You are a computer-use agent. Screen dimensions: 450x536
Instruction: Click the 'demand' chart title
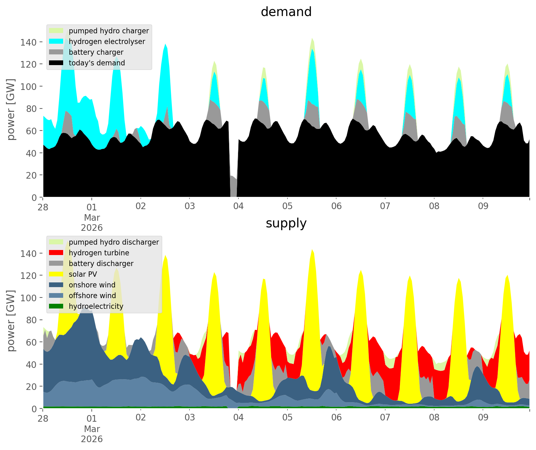(286, 12)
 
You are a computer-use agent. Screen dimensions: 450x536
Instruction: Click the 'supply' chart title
(286, 223)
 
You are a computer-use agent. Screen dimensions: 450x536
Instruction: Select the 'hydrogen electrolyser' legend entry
(107, 42)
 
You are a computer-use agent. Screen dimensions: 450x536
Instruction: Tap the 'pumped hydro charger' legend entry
(109, 31)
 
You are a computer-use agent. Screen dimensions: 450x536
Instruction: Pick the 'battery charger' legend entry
(96, 52)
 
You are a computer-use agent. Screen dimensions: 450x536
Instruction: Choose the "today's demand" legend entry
(97, 63)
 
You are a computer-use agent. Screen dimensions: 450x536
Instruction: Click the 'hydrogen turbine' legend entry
(99, 253)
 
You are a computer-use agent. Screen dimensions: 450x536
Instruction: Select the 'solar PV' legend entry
(83, 274)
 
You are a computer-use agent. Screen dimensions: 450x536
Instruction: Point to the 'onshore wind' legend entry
(92, 285)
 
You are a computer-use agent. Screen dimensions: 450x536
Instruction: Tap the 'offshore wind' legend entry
(92, 296)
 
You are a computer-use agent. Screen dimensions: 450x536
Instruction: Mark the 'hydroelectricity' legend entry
(96, 306)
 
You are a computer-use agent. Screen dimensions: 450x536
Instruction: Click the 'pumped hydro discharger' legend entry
(114, 242)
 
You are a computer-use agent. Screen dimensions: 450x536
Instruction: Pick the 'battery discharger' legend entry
(101, 264)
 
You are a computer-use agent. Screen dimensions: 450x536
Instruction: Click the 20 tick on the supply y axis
(32, 386)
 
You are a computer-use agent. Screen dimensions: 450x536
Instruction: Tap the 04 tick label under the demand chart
(238, 207)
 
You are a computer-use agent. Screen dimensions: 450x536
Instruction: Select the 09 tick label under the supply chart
(483, 418)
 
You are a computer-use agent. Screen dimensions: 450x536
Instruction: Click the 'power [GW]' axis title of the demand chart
(11, 109)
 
